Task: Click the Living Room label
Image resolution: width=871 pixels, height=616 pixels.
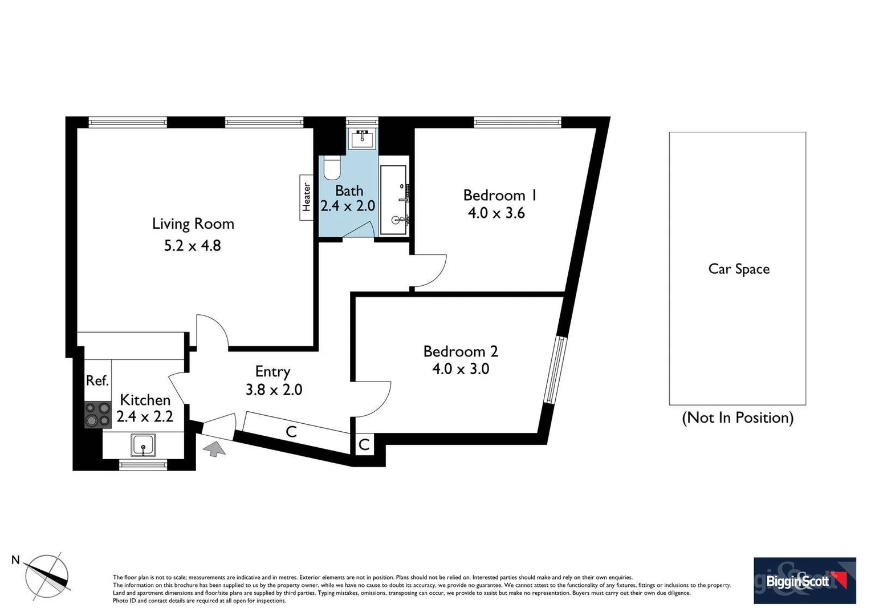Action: coord(193,224)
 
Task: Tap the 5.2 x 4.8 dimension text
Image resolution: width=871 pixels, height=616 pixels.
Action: coord(192,246)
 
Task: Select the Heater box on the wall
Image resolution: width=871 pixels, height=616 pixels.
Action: coord(307,197)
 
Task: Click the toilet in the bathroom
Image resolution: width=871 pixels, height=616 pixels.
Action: coord(332,167)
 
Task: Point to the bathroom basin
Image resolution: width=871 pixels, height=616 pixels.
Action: coord(362,138)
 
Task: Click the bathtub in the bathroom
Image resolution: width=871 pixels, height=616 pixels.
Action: coord(393,200)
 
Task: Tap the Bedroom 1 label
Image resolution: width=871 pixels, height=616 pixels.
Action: coord(499,195)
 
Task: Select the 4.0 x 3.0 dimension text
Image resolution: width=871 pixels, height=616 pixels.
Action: coord(461,369)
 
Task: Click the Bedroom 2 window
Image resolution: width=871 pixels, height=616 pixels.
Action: coord(554,370)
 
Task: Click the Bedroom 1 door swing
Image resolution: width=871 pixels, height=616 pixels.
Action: coord(429,270)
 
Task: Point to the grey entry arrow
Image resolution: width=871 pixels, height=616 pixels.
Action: coord(215,448)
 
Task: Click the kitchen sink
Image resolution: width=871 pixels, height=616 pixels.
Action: coord(143,445)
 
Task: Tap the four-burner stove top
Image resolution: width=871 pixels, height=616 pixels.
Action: coord(97,415)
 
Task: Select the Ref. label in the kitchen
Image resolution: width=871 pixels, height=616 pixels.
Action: coord(97,380)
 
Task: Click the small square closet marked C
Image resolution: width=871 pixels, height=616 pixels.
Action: coord(364,444)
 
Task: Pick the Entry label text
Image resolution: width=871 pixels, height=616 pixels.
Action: coord(272,372)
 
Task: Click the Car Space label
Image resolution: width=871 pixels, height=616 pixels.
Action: coord(738,269)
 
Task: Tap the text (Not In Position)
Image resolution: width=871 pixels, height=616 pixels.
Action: coord(738,418)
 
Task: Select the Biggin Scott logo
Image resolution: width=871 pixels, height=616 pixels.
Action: coord(804,581)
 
